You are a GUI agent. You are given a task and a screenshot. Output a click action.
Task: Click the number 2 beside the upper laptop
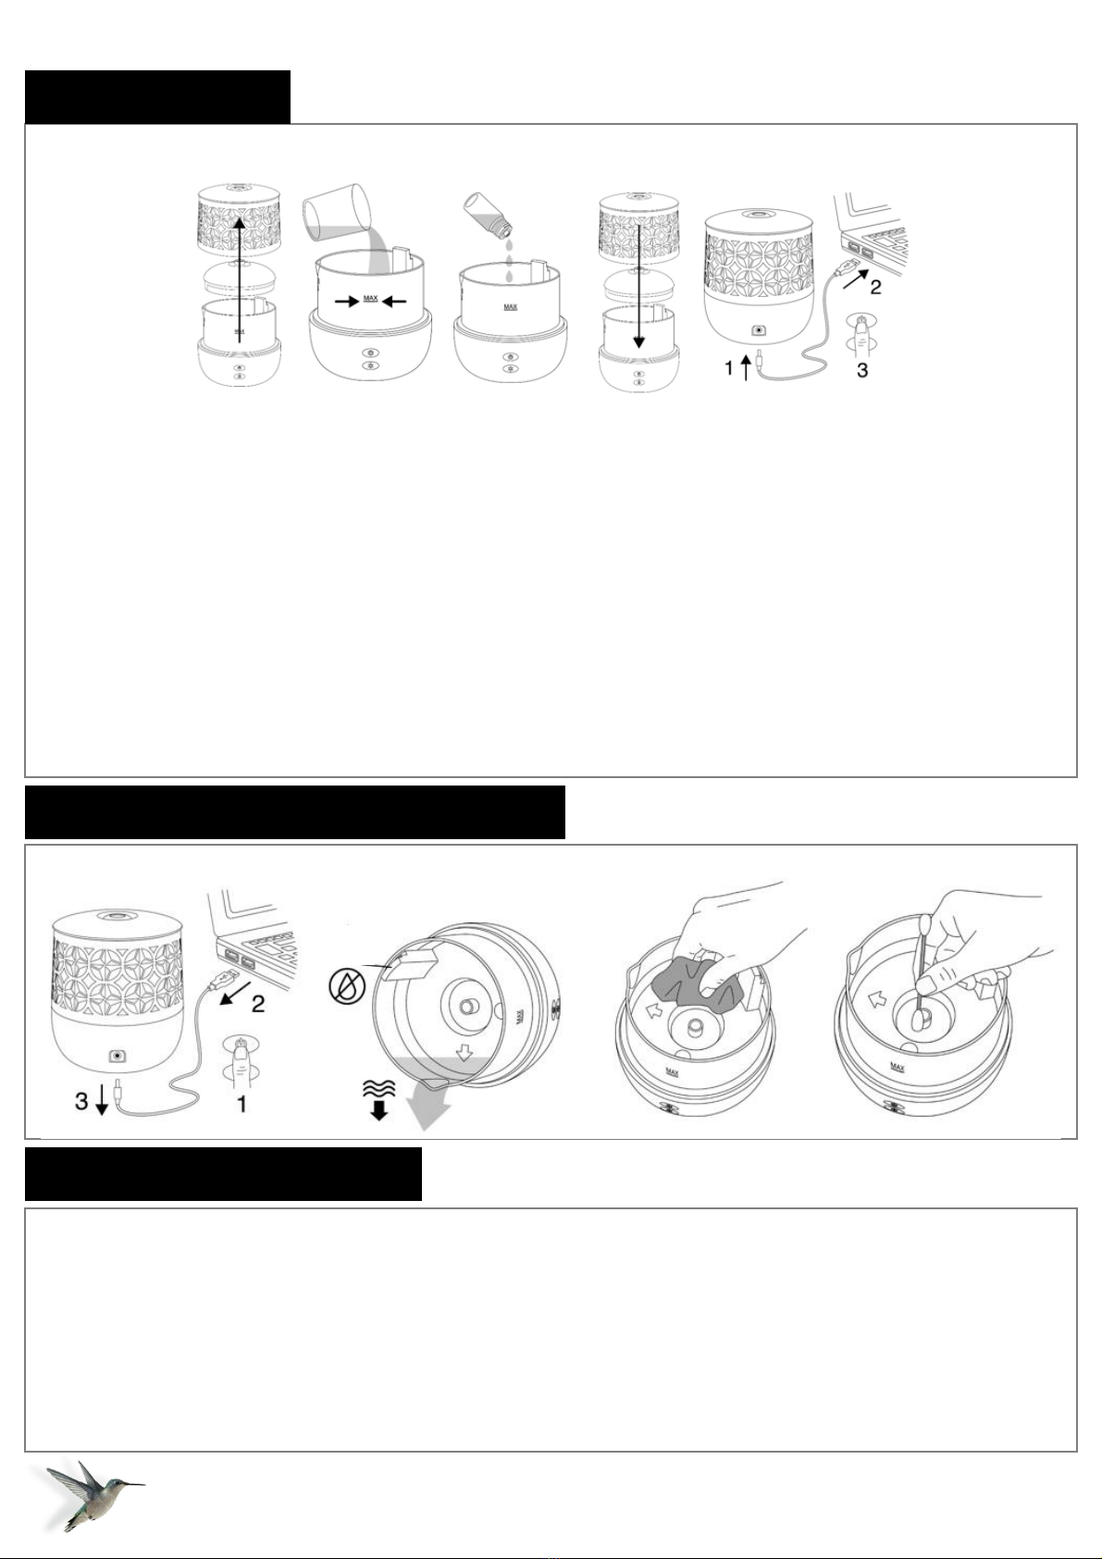pyautogui.click(x=875, y=286)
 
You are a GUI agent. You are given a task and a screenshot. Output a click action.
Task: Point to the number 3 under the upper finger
pyautogui.click(x=861, y=370)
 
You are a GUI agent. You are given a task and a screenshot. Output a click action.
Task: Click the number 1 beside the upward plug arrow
pyautogui.click(x=729, y=367)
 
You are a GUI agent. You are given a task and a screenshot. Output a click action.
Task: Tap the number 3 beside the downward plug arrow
pyautogui.click(x=82, y=1101)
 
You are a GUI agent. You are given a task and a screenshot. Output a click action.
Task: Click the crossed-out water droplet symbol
pyautogui.click(x=344, y=988)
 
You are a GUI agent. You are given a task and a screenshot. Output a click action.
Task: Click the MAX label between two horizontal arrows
pyautogui.click(x=370, y=300)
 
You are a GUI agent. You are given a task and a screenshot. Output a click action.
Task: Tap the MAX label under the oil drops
pyautogui.click(x=510, y=306)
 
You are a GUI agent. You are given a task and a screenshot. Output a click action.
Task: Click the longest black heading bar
pyautogui.click(x=294, y=811)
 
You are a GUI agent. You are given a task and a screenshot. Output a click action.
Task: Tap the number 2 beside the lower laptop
pyautogui.click(x=257, y=1004)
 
